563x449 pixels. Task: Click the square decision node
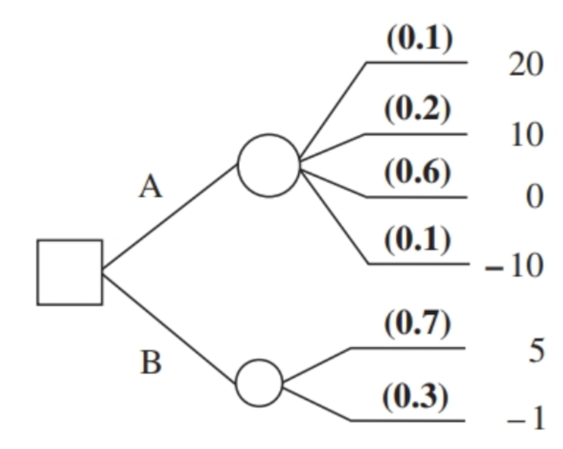[69, 272]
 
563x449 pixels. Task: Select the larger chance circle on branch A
[268, 165]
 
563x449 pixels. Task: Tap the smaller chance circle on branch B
[259, 383]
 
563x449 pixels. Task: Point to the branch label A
[150, 188]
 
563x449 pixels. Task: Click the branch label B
[151, 363]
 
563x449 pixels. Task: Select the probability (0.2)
[418, 111]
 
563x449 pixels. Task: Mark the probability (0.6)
[418, 173]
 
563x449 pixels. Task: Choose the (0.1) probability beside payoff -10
[418, 240]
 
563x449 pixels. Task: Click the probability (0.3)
[415, 397]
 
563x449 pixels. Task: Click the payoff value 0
[533, 196]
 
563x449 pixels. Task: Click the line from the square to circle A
[169, 217]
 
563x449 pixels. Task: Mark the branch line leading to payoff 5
[407, 348]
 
